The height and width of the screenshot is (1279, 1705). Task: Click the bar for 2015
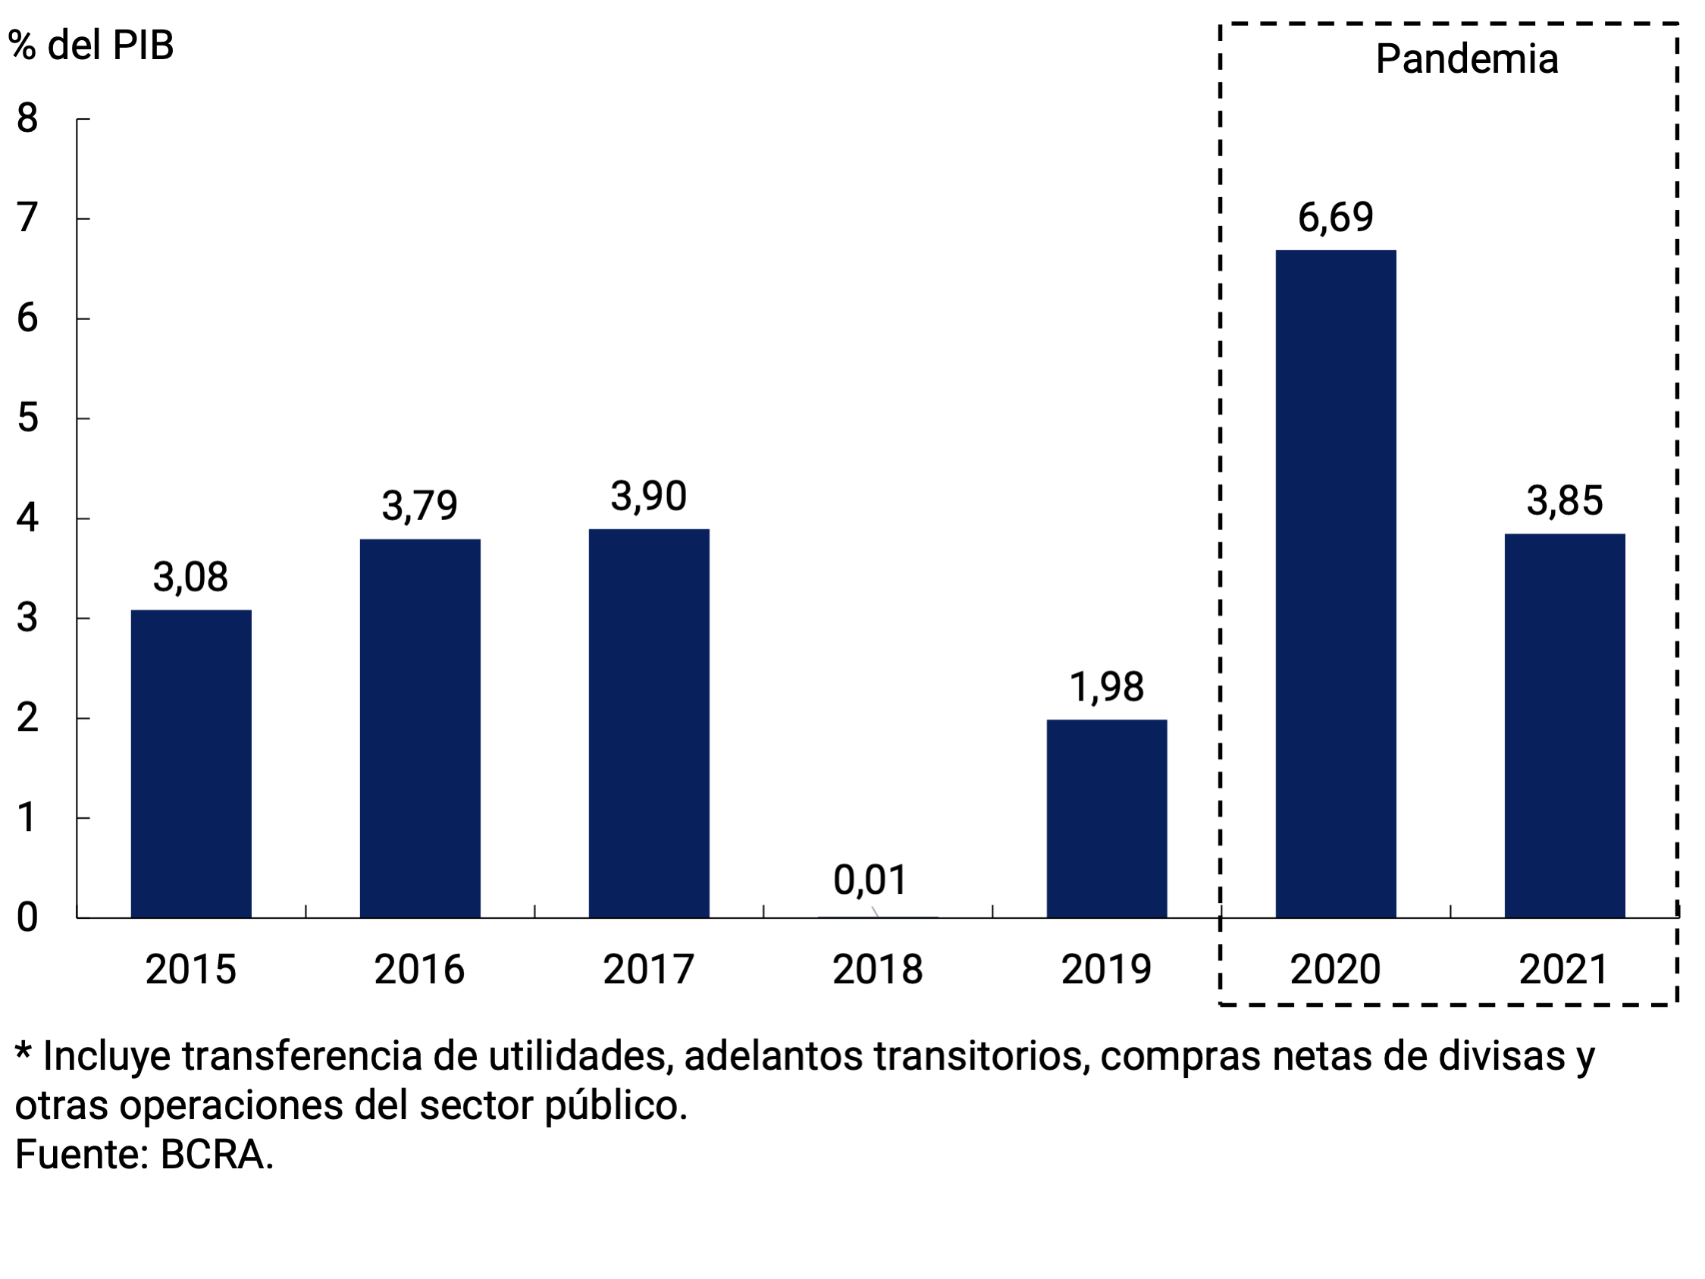pos(191,763)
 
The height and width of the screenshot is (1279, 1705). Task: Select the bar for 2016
pos(420,728)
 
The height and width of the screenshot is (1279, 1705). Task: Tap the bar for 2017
pos(649,723)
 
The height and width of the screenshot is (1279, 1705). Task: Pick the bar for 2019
pos(1107,818)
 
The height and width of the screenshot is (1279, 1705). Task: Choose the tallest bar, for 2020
pos(1336,584)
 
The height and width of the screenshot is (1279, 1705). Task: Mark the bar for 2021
pos(1565,725)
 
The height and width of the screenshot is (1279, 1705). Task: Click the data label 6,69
pos(1336,218)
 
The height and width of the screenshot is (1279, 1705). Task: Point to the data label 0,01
pos(870,879)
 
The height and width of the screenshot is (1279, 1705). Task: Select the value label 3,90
pos(648,497)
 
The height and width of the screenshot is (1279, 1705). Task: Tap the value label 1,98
pos(1107,687)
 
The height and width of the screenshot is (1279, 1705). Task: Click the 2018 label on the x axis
pos(877,969)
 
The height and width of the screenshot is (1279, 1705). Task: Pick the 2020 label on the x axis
pos(1335,969)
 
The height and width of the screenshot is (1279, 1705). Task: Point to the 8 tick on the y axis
pos(27,119)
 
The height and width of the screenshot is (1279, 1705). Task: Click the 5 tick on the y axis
pos(27,418)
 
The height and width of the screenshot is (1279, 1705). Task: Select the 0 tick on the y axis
pos(27,917)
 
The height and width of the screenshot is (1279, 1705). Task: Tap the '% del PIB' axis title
pos(91,46)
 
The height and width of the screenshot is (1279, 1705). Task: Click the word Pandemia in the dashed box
pos(1467,59)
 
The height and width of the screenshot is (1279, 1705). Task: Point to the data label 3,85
pos(1565,501)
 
